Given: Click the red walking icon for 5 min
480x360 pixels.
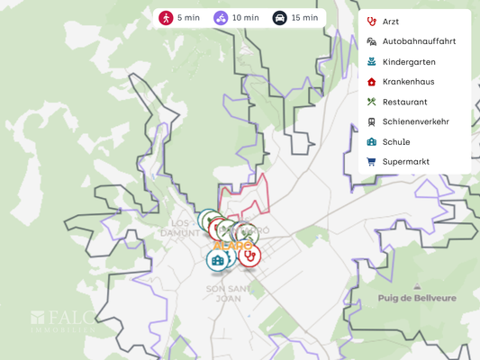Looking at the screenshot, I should point(166,18).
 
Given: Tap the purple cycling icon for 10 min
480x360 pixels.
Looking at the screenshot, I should point(221,18).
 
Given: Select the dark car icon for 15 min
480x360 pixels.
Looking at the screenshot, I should point(280,18).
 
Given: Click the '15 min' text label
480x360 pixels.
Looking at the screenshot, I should point(304,18).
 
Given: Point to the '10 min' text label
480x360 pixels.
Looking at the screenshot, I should point(245,18).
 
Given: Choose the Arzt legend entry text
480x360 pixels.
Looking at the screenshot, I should point(390,22).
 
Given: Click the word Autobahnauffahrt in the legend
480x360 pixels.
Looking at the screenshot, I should point(419,41).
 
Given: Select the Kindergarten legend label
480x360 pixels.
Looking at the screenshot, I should point(409,62).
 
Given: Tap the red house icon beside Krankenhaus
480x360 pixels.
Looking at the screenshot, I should point(371,82).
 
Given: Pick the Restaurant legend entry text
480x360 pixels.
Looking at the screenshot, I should point(404,102).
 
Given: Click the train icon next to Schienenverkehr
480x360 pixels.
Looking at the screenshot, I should point(371,121).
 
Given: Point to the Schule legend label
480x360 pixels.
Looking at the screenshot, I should point(395,142).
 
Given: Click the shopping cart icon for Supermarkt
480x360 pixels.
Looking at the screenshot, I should point(371,162).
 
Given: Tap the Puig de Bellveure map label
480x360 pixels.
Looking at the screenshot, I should point(417,298).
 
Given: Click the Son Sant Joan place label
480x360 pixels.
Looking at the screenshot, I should point(228,294).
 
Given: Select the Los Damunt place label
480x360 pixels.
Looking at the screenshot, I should point(180,229).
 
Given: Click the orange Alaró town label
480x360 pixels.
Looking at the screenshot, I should point(233,245).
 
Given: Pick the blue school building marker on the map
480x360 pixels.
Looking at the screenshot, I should point(217,260).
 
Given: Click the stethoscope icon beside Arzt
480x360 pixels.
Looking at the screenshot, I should point(371,22).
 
